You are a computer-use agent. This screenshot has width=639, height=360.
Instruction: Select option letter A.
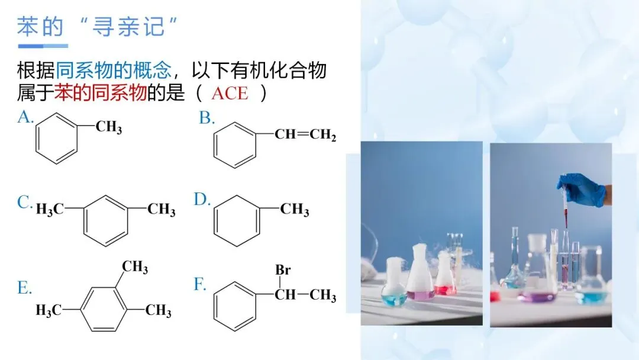click(x=25, y=117)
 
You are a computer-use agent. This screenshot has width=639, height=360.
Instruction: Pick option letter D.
click(x=202, y=200)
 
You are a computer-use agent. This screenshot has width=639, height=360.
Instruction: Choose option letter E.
click(x=24, y=288)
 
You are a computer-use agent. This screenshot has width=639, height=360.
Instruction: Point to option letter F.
click(x=200, y=285)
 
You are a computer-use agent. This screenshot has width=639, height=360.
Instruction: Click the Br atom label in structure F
click(x=283, y=270)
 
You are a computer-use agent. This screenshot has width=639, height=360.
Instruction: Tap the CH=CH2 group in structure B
click(x=305, y=136)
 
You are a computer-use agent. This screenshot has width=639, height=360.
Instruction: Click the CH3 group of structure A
click(x=109, y=127)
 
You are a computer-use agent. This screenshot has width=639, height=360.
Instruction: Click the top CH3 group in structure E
click(x=135, y=267)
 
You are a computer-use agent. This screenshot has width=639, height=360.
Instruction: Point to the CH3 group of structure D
click(x=295, y=210)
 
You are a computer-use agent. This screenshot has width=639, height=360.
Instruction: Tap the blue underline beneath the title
click(x=43, y=46)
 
